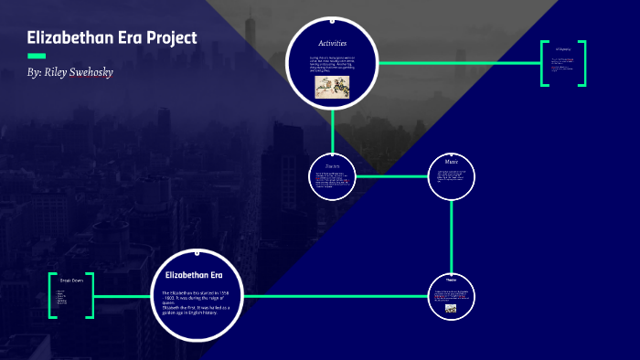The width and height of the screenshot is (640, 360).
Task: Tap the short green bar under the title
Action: point(37,56)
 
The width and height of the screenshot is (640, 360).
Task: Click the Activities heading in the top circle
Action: point(332,44)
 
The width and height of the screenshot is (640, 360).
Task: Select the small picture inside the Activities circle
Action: point(332,86)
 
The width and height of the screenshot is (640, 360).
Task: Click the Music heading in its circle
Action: point(452,162)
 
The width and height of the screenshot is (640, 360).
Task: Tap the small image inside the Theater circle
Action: point(451,308)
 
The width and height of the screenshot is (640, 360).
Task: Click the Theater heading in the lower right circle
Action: point(451,279)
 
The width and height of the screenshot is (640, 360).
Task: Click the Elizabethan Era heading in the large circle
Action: point(194,274)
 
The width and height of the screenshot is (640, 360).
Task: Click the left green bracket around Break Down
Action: point(52,295)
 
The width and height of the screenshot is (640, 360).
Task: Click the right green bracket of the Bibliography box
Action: point(582,63)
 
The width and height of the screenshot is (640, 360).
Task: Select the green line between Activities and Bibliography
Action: point(457,63)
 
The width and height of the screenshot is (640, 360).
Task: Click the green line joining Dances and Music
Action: point(391,175)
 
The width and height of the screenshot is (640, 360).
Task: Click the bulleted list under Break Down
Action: point(61,296)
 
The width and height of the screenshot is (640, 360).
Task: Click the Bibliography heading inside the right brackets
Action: point(562,49)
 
